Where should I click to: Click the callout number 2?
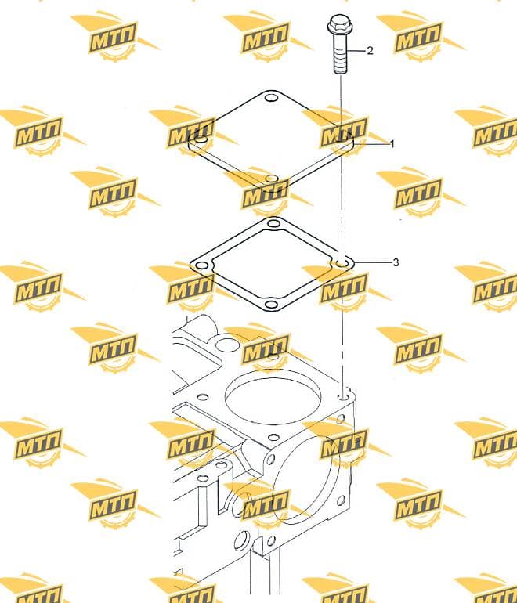coord(370,50)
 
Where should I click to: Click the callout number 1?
coord(392,144)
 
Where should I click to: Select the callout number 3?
coord(396,262)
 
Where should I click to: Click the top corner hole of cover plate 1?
coord(272,97)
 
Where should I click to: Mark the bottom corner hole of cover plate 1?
coord(272,179)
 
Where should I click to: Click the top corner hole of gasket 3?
coord(273,223)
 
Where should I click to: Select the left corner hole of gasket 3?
coord(201,265)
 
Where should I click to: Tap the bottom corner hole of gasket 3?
coord(272,305)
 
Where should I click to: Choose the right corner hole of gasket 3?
coord(342,264)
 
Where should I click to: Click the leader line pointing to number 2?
coord(356,50)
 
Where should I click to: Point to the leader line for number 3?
coord(371,262)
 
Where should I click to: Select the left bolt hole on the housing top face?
coord(203,397)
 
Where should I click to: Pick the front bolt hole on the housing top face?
coord(273,437)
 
